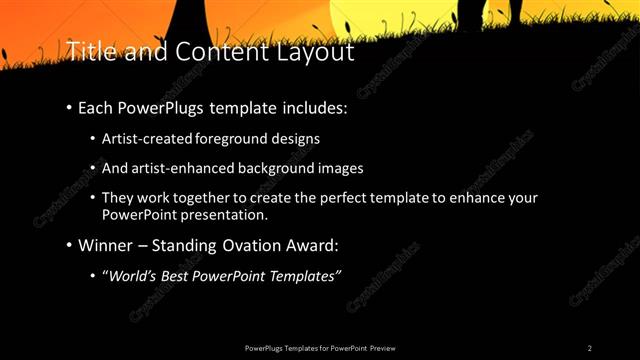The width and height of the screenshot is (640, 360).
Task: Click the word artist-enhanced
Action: click(189, 168)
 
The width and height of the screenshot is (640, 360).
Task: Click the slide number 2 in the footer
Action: click(590, 348)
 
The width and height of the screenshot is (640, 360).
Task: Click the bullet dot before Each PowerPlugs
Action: click(69, 107)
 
